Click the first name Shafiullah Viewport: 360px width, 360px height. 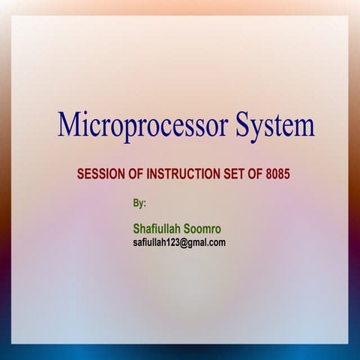point(157,228)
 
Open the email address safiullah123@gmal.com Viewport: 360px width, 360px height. point(179,242)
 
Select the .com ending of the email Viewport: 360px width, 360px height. point(216,242)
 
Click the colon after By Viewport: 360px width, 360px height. point(145,204)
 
